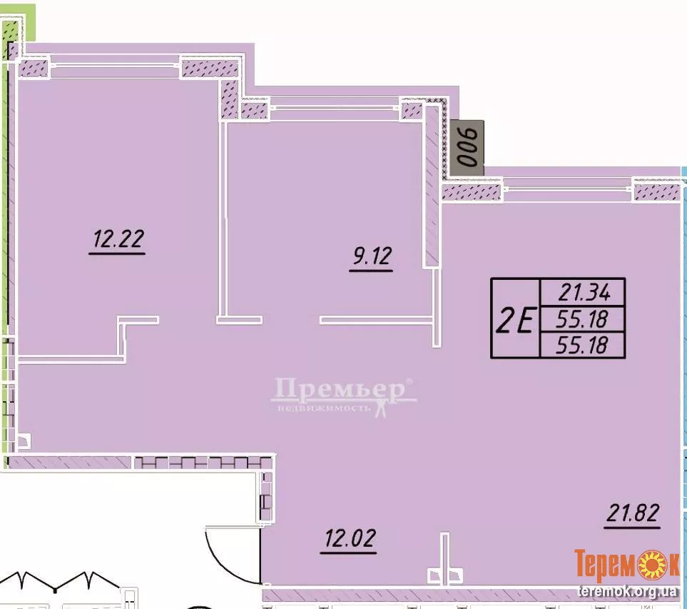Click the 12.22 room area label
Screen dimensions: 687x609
click(118, 239)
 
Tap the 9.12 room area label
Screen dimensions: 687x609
click(372, 256)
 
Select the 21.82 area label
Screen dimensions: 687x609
click(633, 513)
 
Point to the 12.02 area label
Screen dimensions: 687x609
click(350, 538)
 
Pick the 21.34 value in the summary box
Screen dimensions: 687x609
click(584, 292)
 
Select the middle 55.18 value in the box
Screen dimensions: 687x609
click(582, 320)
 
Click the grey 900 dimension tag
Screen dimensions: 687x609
click(467, 148)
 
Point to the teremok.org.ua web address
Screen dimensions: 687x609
click(627, 592)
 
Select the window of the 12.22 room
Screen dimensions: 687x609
click(115, 66)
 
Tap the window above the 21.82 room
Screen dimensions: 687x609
click(568, 189)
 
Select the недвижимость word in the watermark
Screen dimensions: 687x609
click(325, 408)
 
